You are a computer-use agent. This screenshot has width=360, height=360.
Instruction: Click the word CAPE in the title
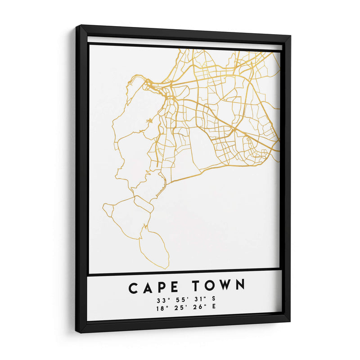coord(153,287)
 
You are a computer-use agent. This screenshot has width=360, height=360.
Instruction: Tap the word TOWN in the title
coord(219,286)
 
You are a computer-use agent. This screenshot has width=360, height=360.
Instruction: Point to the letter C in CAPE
coord(134,288)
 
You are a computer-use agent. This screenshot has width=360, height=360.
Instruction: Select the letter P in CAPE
coord(161,287)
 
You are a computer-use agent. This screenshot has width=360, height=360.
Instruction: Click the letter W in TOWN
coord(226,285)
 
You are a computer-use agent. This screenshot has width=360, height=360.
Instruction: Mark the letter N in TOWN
coord(240,285)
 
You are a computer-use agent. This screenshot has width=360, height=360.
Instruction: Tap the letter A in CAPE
coord(148,287)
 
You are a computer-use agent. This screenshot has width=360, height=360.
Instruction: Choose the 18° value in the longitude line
coord(161,308)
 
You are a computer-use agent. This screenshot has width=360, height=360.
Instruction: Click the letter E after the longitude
coord(213,307)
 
